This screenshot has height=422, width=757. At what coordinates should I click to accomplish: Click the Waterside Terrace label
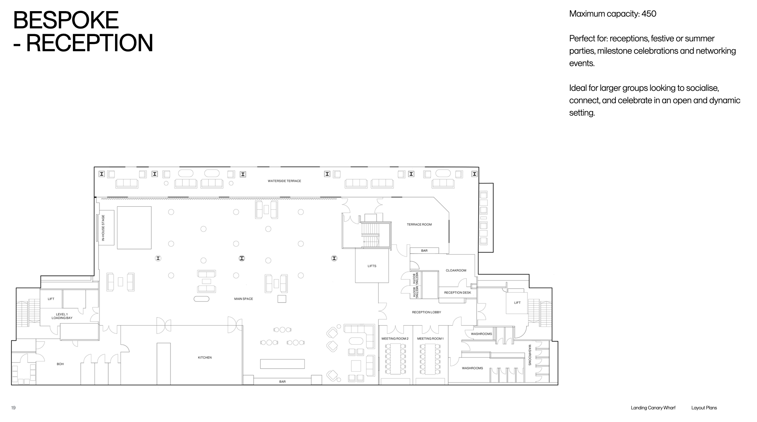pos(284,181)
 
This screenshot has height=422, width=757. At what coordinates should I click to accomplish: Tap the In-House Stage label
pos(103,228)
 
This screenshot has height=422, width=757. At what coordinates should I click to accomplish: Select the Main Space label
pos(243,299)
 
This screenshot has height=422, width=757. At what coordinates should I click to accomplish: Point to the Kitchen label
pos(205,357)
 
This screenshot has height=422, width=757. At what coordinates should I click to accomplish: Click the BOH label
pos(60,364)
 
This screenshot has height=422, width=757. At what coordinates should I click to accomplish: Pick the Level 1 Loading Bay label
pos(62,316)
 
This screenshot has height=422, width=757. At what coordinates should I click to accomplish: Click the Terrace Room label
pos(419,224)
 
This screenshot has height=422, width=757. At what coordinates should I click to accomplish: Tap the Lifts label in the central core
pos(372,266)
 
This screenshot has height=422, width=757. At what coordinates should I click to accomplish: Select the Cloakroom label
pos(456,270)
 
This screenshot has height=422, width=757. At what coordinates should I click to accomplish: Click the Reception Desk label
pos(458,293)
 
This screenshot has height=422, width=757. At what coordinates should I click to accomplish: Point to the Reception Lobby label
pos(427,312)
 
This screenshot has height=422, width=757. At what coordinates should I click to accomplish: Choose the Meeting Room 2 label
pos(395,339)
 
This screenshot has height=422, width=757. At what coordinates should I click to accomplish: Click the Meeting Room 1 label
pos(430,339)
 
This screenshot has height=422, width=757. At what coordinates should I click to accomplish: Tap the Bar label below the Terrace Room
pos(424,251)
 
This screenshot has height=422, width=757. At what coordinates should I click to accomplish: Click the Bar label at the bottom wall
pos(282,382)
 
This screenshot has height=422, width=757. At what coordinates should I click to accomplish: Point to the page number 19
pos(13,408)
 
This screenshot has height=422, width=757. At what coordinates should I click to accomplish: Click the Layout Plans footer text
pos(704,408)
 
